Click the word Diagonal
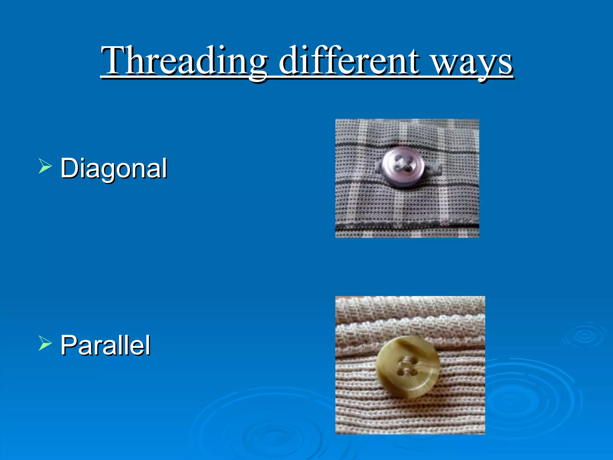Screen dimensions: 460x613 pyautogui.click(x=113, y=168)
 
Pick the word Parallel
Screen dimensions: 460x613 pyautogui.click(x=105, y=345)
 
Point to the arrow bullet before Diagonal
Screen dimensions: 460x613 pyautogui.click(x=45, y=167)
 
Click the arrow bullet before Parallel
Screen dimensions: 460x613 pyautogui.click(x=45, y=343)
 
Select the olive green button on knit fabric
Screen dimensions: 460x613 pyautogui.click(x=408, y=367)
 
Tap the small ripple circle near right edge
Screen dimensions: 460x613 pyautogui.click(x=584, y=335)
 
